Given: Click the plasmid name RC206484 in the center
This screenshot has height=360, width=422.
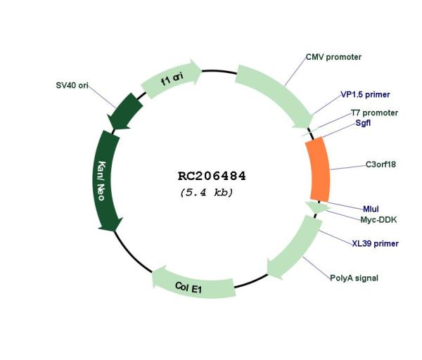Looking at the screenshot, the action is (x=212, y=176).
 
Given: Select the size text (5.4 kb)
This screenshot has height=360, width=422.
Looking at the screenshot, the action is (x=206, y=193).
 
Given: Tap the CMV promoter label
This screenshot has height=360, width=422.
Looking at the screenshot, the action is (x=333, y=57).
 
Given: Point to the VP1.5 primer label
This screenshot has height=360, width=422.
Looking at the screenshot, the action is (x=365, y=94).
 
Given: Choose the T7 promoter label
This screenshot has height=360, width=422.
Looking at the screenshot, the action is (x=374, y=112).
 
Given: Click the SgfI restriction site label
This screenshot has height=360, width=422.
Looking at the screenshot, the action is (x=363, y=123).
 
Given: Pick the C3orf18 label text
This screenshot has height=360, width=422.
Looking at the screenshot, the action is (x=381, y=164).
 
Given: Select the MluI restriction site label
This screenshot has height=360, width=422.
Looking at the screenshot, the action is (x=371, y=209).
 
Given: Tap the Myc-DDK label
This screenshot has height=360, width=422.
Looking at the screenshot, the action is (x=378, y=220).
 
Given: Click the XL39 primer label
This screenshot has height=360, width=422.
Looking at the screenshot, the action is (x=375, y=243).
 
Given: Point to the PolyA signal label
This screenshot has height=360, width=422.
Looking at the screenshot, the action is (x=354, y=278).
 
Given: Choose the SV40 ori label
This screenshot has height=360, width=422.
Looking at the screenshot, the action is (x=72, y=85).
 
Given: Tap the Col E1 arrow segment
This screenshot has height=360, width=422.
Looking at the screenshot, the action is (x=193, y=285).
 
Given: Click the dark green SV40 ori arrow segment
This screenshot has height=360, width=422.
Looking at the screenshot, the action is (x=124, y=112).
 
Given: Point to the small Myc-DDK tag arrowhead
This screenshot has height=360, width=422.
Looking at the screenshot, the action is (x=318, y=207).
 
